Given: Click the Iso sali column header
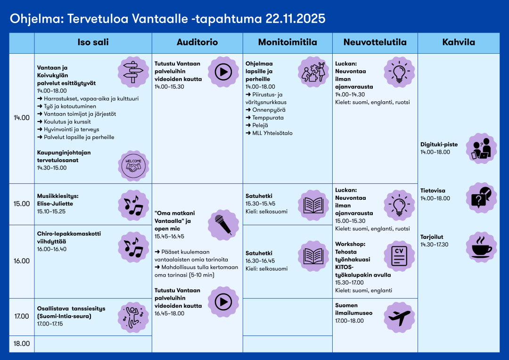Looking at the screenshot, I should pos(93,42).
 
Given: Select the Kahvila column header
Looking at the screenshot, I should pos(458,42).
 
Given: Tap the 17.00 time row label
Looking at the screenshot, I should pos(22,317).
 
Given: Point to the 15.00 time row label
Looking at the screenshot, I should pos(22,204).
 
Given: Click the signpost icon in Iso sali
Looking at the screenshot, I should pos(133,72).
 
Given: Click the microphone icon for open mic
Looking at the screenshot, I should pos(223,225).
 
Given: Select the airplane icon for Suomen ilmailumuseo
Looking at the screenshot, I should pos(399,317).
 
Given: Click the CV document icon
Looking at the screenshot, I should pos(399,256).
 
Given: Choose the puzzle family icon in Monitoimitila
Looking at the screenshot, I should pos(313,72).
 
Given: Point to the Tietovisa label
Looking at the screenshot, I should pos(433,191).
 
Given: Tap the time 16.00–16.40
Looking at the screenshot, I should pos(52,249).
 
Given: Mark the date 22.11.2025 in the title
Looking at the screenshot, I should pos(295,18).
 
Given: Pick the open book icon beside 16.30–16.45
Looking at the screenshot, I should pos(313,256).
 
